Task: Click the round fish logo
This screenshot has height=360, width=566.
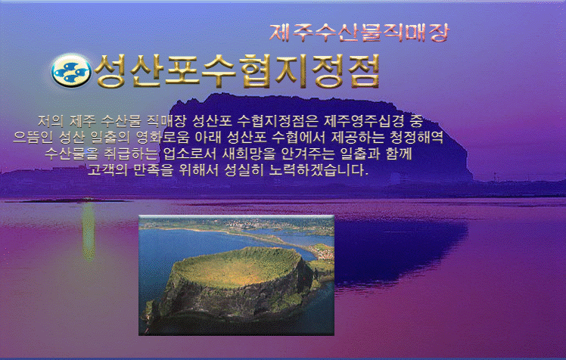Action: pyautogui.click(x=71, y=70)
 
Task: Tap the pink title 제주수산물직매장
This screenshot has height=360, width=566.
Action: pyautogui.click(x=359, y=33)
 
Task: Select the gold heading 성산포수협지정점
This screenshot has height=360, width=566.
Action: pyautogui.click(x=237, y=71)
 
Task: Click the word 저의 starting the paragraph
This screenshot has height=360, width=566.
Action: pyautogui.click(x=51, y=121)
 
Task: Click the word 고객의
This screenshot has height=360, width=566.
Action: pyautogui.click(x=107, y=169)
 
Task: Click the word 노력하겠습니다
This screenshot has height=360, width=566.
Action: pyautogui.click(x=319, y=169)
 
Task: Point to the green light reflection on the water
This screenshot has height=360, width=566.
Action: pyautogui.click(x=89, y=231)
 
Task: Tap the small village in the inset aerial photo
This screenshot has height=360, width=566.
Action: pyautogui.click(x=322, y=251)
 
